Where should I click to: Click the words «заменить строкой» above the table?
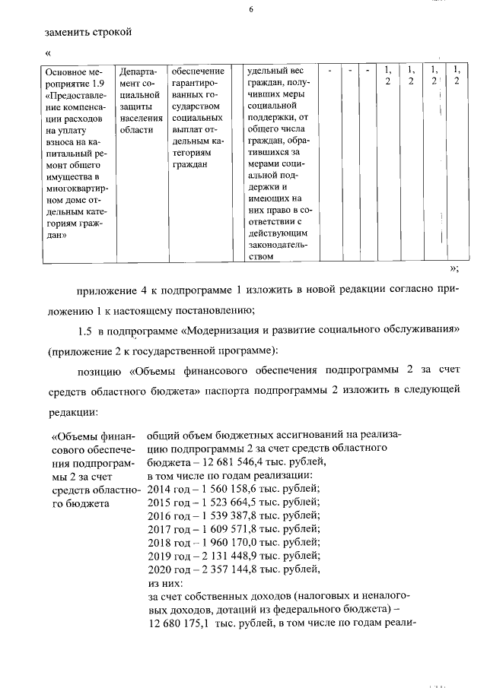pos(88,32)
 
